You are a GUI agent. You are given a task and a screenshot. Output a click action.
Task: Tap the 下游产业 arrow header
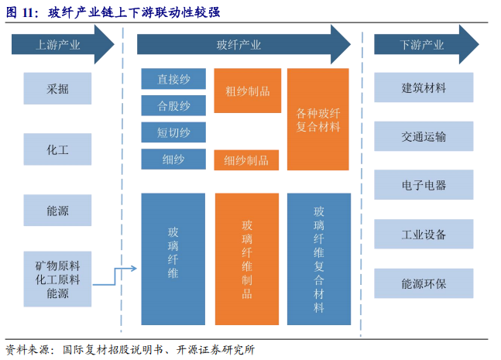click(426, 45)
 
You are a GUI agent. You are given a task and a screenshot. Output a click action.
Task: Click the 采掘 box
click(57, 88)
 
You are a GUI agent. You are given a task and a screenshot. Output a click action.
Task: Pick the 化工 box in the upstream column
click(57, 149)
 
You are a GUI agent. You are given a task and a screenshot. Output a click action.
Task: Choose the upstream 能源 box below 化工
click(57, 209)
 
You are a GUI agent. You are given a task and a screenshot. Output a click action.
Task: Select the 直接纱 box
click(173, 79)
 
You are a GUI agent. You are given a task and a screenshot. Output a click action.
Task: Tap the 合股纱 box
click(173, 105)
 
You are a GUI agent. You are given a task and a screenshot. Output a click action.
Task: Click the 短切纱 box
click(173, 132)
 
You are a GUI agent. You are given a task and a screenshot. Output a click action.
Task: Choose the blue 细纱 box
click(173, 159)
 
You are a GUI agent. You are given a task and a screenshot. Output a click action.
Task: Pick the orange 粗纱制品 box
click(247, 91)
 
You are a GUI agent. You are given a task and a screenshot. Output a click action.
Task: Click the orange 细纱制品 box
click(246, 160)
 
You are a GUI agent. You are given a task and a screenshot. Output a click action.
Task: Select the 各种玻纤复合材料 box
click(318, 119)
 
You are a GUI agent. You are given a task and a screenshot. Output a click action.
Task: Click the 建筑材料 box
click(424, 87)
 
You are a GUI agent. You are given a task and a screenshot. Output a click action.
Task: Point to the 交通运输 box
click(424, 136)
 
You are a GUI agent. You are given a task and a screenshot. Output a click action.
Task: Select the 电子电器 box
click(424, 185)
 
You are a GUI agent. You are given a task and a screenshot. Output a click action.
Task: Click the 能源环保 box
click(424, 283)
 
